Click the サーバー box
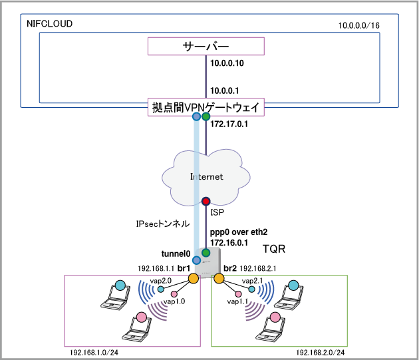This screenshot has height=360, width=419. point(206,46)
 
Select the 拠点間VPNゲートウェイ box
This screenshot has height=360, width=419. point(206,106)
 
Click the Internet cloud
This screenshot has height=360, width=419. point(206,176)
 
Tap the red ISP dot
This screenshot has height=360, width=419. point(206,200)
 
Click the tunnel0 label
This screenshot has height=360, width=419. point(176,254)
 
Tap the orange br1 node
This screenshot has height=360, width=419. point(194,278)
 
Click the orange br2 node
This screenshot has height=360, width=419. point(217,278)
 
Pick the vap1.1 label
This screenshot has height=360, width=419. point(238,301)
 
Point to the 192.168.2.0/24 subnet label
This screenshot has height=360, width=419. point(322,351)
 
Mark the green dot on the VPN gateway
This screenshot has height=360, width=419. point(206,117)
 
